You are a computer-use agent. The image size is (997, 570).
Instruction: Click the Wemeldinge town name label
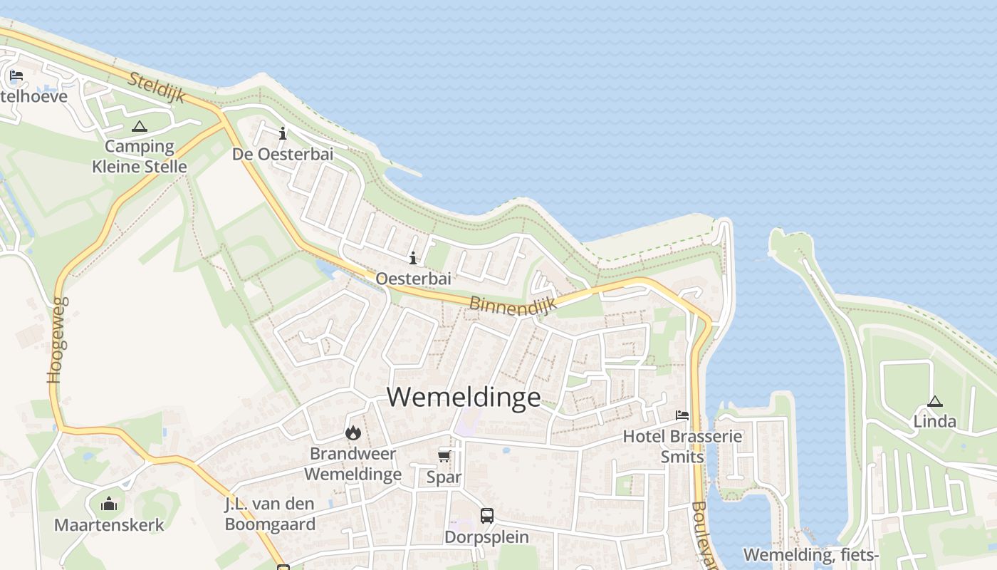click(x=464, y=397)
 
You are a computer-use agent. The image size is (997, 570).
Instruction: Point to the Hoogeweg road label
click(x=58, y=340)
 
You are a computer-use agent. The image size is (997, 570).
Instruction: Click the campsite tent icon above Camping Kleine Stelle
click(x=139, y=127)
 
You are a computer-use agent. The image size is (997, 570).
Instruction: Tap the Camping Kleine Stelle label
click(x=140, y=157)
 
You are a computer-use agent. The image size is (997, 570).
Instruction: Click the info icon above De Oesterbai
click(x=283, y=133)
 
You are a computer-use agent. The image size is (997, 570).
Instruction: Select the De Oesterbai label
click(x=283, y=154)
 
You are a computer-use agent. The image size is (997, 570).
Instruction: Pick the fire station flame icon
click(x=353, y=432)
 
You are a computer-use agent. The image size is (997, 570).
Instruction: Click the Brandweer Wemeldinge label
click(x=353, y=464)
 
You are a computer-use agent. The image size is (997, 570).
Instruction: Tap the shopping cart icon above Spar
click(x=444, y=456)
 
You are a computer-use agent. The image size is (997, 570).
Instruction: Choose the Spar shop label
click(x=444, y=477)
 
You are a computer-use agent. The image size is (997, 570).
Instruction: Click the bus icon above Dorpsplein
click(x=487, y=515)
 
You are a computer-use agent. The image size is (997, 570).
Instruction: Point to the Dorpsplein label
click(x=487, y=537)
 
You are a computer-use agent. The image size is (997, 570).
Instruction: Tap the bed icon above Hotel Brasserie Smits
click(x=682, y=415)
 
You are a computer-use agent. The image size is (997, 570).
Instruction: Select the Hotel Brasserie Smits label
click(x=682, y=446)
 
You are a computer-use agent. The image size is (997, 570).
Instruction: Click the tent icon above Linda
click(x=935, y=401)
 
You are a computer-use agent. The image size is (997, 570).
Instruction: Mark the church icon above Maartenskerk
click(x=109, y=504)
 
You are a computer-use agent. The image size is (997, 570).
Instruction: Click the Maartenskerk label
click(x=109, y=525)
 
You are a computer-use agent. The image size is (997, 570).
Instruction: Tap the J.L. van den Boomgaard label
click(x=270, y=514)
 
